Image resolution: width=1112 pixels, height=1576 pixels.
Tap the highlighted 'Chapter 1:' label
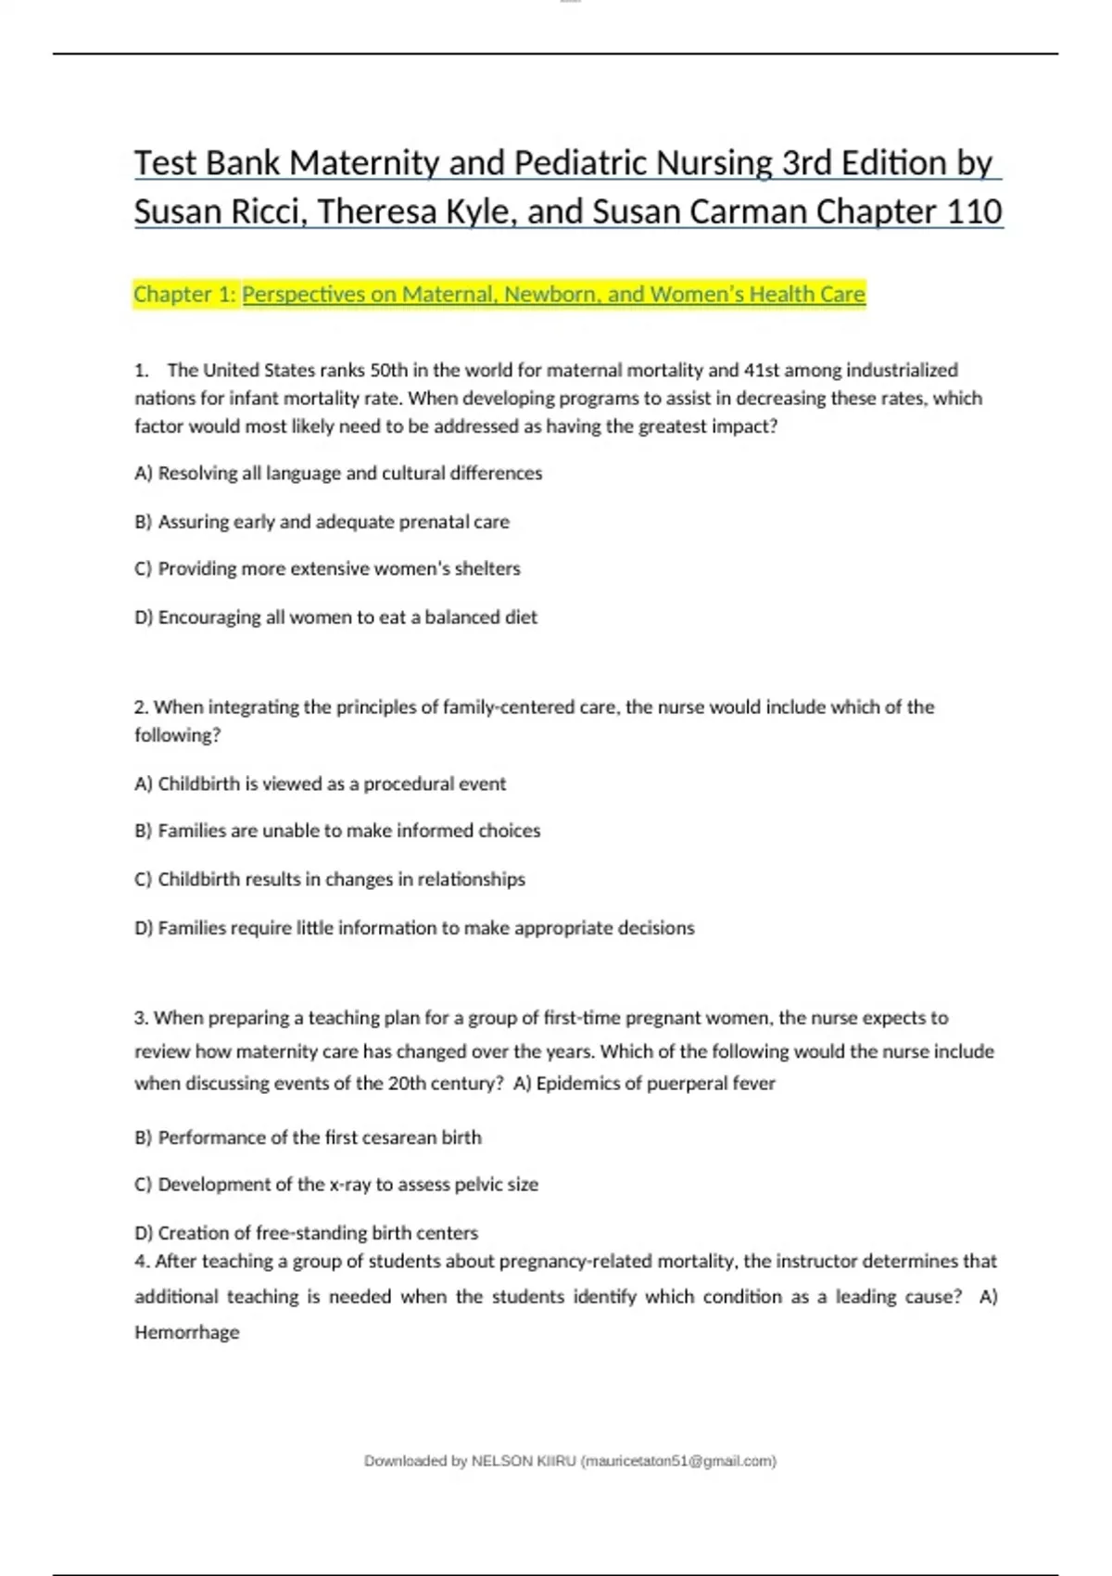pos(184,294)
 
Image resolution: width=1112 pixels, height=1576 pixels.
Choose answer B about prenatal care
pos(322,521)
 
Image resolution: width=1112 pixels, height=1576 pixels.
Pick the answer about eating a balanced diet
pos(336,617)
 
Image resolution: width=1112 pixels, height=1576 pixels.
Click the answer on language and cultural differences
pos(339,473)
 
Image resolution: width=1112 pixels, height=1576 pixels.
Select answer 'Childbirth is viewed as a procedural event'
pos(321,783)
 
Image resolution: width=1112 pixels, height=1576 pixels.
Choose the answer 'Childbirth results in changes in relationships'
pos(330,879)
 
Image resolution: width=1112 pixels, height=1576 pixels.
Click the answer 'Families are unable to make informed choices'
pos(337,831)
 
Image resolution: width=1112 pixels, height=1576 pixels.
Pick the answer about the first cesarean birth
pos(309,1138)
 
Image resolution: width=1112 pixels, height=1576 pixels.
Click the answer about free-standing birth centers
pos(307,1233)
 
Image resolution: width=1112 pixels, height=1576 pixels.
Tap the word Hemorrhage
pos(187,1332)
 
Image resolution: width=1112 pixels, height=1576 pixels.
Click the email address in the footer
pos(677,1461)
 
